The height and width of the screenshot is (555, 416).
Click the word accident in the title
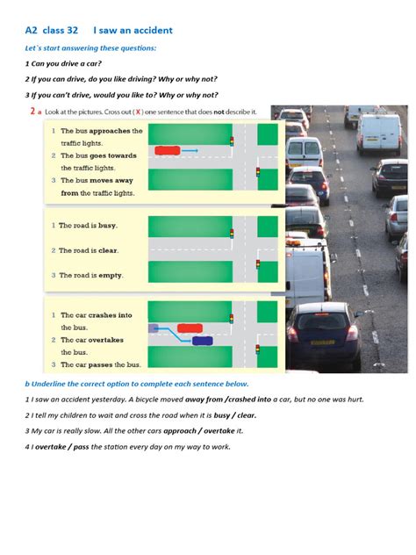point(152,31)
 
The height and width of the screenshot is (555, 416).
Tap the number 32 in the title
point(72,31)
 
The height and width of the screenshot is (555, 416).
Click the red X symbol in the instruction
point(138,112)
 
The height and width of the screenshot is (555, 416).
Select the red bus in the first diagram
point(168,150)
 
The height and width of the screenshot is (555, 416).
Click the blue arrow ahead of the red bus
point(190,150)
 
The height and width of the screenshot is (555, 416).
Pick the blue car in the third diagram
point(203,341)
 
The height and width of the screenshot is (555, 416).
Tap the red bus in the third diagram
point(190,328)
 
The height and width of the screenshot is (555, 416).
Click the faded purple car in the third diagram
point(154,328)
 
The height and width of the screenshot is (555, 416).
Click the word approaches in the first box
point(110,131)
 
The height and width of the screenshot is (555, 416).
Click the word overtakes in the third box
point(106,340)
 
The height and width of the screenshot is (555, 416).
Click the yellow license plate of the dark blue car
point(322,342)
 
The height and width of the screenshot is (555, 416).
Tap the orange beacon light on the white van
point(293,242)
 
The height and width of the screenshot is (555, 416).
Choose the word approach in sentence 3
point(180,431)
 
